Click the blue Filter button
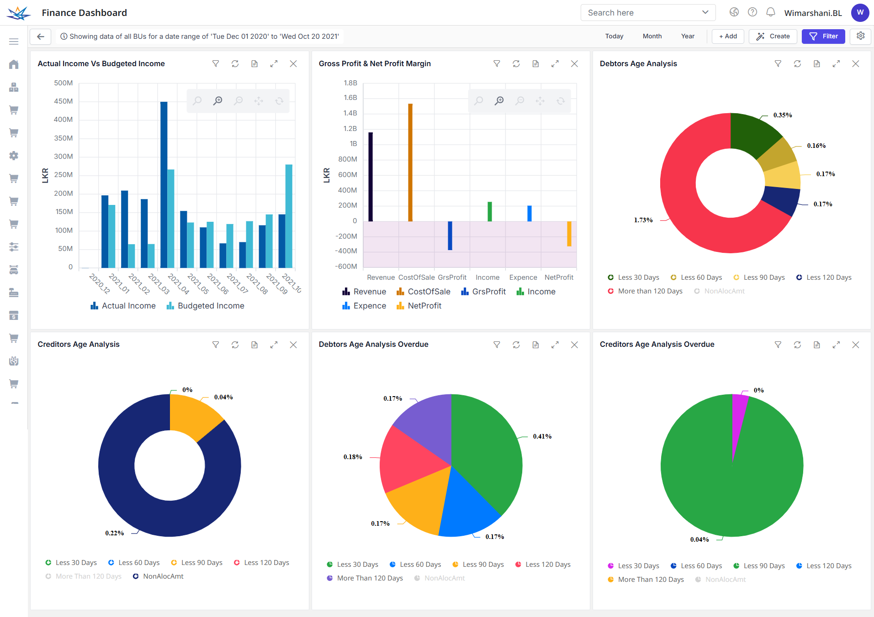(823, 37)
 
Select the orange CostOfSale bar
(410, 162)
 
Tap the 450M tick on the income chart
(64, 101)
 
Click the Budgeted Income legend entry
(206, 306)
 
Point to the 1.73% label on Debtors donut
(643, 220)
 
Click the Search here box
(642, 13)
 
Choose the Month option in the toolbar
(652, 37)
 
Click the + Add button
(727, 37)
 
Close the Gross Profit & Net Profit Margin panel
(574, 64)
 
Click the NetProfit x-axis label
(558, 277)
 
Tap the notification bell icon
(770, 12)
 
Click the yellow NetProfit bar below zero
(569, 234)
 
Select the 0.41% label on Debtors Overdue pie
(542, 436)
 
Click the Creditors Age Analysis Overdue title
(657, 345)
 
